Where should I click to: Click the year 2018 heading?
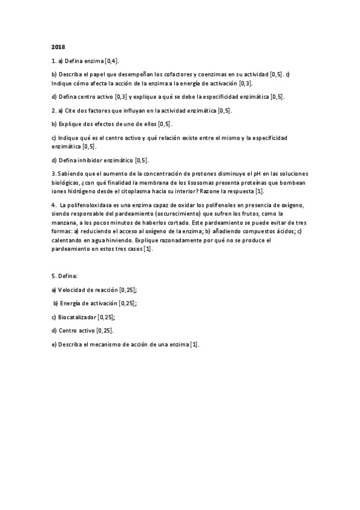tap(58, 47)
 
